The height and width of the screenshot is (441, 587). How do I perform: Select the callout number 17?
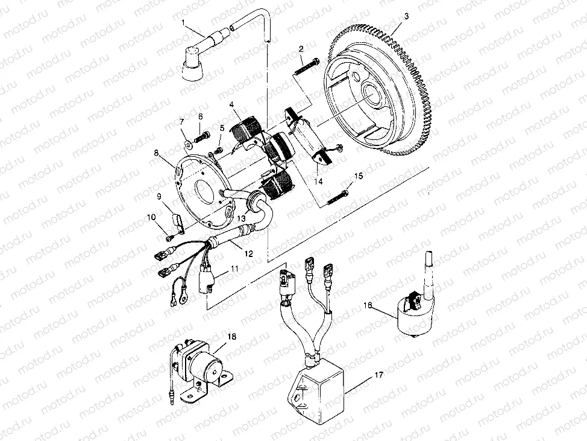click(378, 375)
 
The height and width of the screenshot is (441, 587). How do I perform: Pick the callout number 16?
click(368, 306)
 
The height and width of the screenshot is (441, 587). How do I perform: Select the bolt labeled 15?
click(338, 194)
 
